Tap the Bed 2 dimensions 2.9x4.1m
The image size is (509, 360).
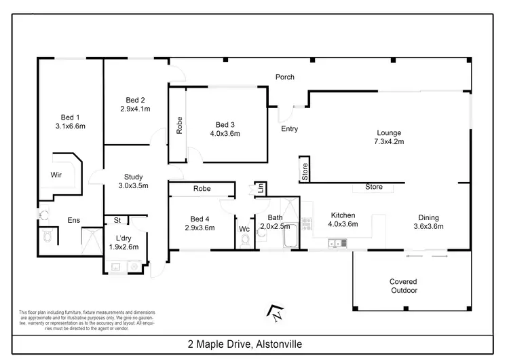(x=134, y=108)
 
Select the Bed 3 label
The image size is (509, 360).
(x=225, y=124)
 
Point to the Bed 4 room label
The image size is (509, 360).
(x=200, y=218)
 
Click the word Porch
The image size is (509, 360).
(x=284, y=77)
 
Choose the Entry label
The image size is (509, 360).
(x=289, y=129)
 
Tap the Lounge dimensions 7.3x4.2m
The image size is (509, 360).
(x=390, y=142)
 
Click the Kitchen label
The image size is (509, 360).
(x=342, y=215)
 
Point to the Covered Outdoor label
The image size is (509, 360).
(x=403, y=286)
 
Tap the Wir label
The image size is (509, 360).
(x=56, y=175)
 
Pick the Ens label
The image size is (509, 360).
(x=74, y=219)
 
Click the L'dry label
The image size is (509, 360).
(x=123, y=238)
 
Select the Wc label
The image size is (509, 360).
(x=244, y=229)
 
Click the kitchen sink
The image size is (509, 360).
(x=333, y=242)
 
